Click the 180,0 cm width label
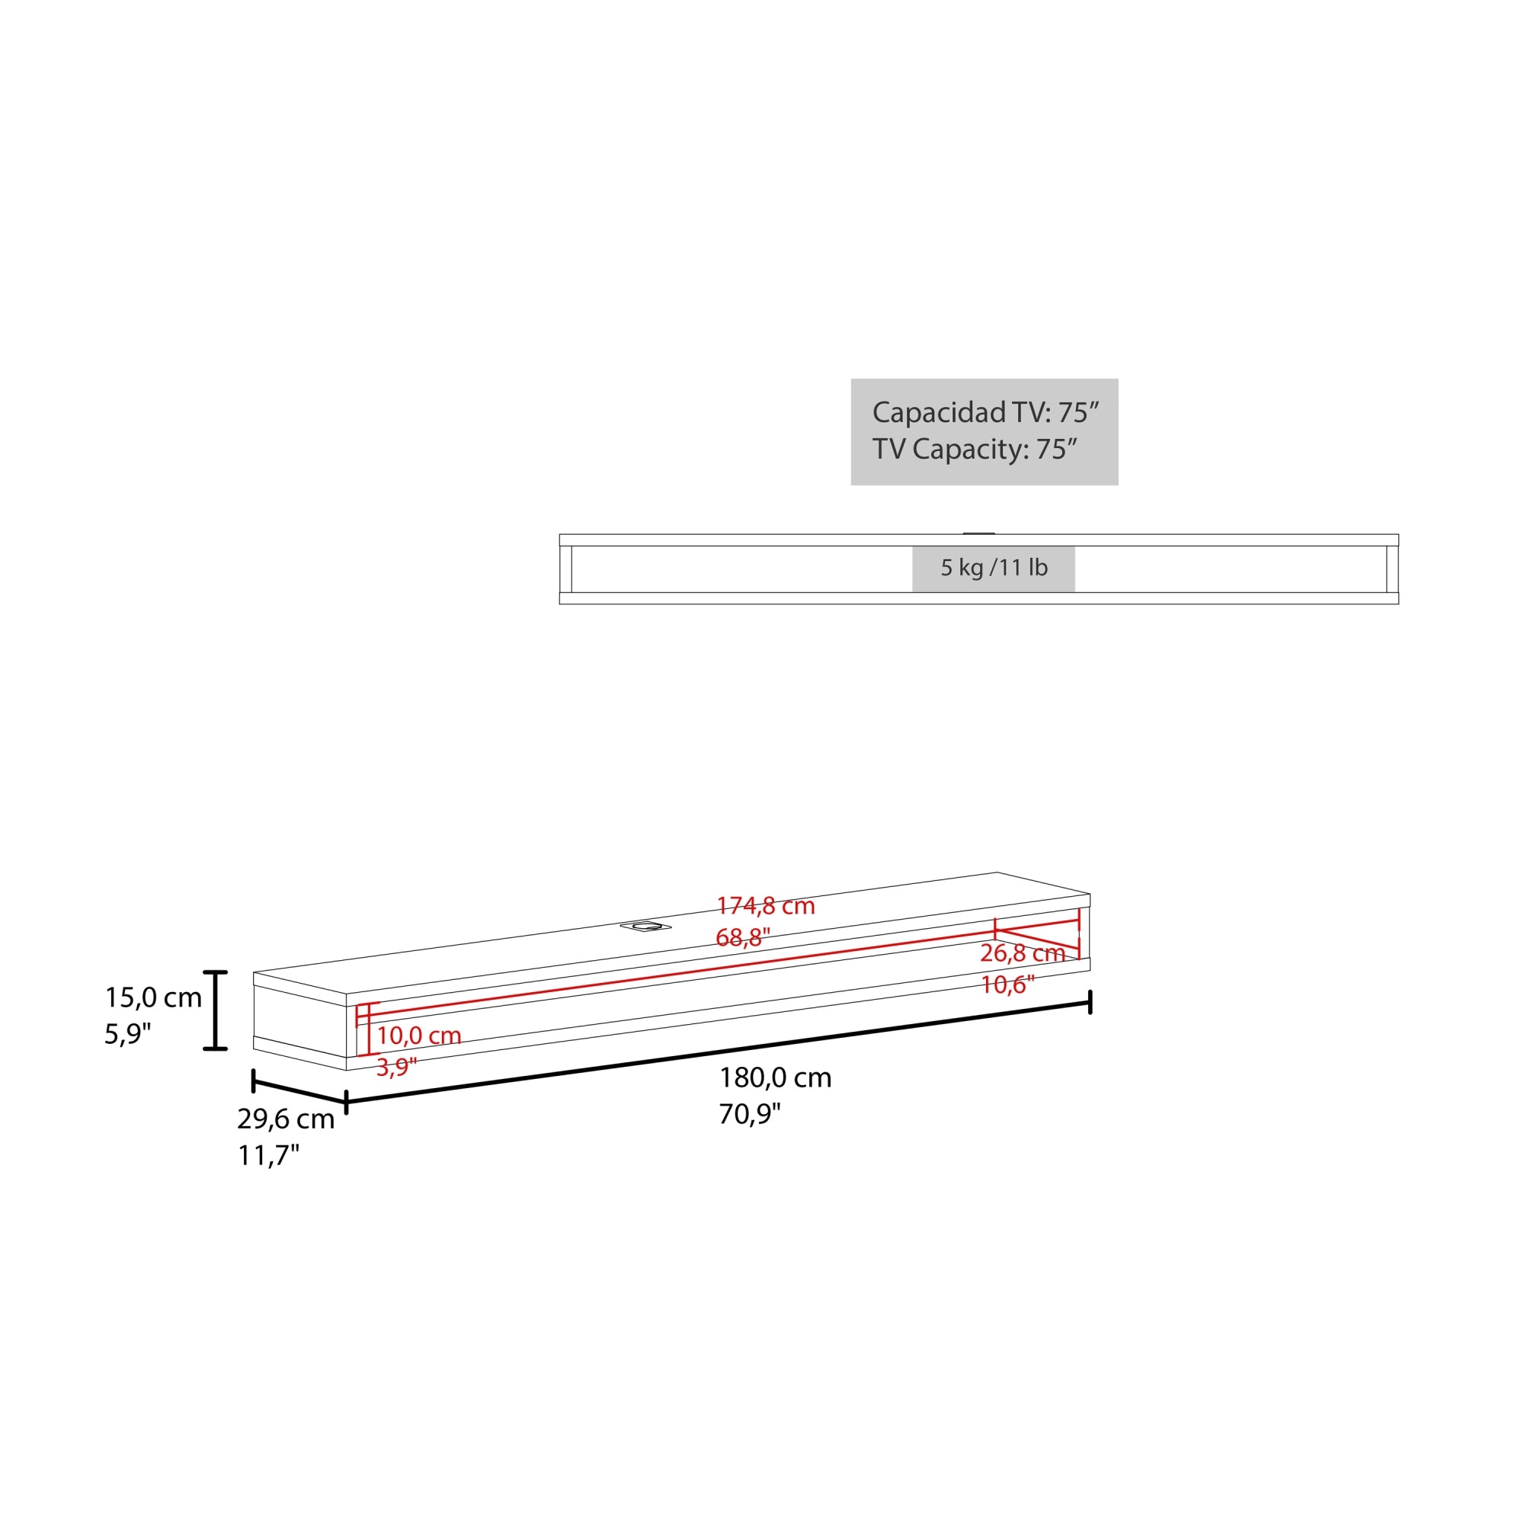coord(775,1077)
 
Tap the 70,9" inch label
coord(749,1114)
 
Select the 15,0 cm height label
coord(154,998)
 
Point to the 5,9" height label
coord(128,1034)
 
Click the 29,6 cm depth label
coord(286,1119)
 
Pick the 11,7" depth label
coord(269,1156)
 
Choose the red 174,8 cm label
coord(765,905)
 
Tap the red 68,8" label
coord(743,938)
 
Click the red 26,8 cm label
coord(1023,953)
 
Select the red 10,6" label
coord(1007,985)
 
